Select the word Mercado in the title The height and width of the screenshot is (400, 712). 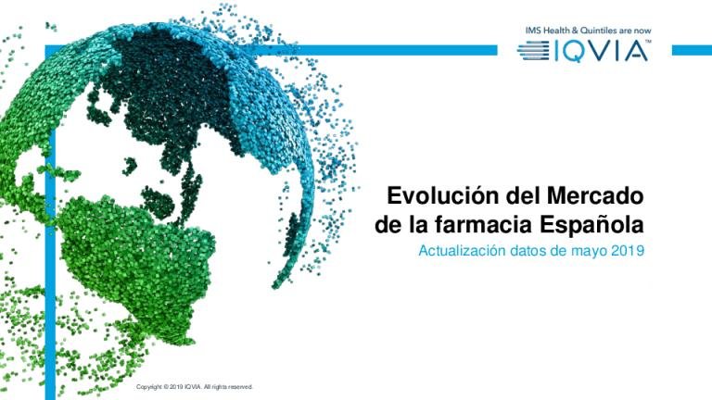[x=595, y=196]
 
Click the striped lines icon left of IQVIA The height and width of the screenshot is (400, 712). [x=533, y=50]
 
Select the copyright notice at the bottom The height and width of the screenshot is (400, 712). [x=195, y=387]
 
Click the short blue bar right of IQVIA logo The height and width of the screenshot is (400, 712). [x=692, y=50]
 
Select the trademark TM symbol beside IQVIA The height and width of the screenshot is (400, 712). [x=648, y=42]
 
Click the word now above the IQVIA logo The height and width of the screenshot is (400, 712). [x=642, y=31]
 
